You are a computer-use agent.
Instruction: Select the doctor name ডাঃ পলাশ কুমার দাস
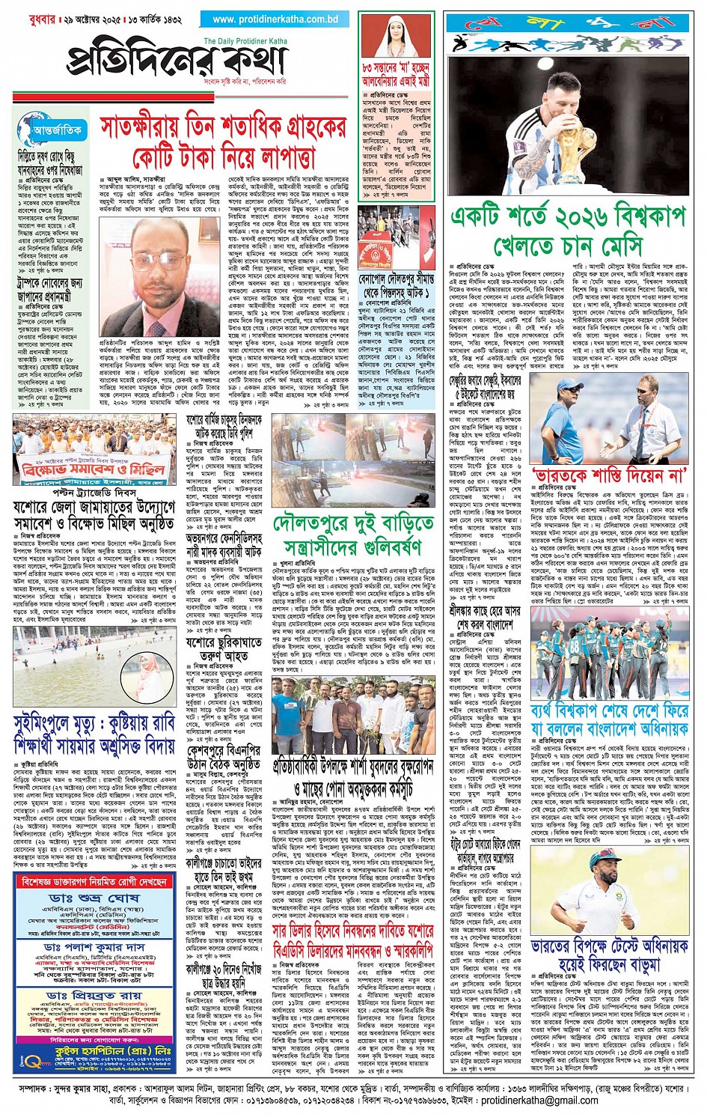(x=94, y=947)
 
